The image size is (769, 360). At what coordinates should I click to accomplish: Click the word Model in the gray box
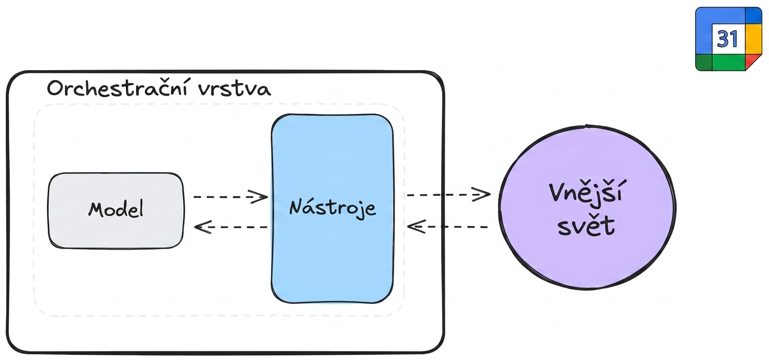click(x=116, y=209)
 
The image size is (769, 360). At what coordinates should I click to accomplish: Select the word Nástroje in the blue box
click(x=332, y=207)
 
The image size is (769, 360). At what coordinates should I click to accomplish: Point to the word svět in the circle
click(x=586, y=226)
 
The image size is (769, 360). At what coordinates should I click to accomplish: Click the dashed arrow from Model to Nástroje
click(x=231, y=197)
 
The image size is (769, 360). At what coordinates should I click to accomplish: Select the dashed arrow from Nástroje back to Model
click(x=231, y=227)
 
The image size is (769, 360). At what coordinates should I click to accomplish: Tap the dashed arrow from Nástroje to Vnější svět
click(x=448, y=195)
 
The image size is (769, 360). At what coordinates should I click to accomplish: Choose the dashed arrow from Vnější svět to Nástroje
click(x=447, y=227)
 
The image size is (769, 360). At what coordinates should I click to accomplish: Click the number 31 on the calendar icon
click(x=728, y=39)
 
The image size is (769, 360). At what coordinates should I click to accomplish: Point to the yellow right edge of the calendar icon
click(x=754, y=39)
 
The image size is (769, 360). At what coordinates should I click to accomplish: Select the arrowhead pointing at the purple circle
click(x=481, y=195)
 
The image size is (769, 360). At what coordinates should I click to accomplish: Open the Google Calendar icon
click(x=729, y=39)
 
